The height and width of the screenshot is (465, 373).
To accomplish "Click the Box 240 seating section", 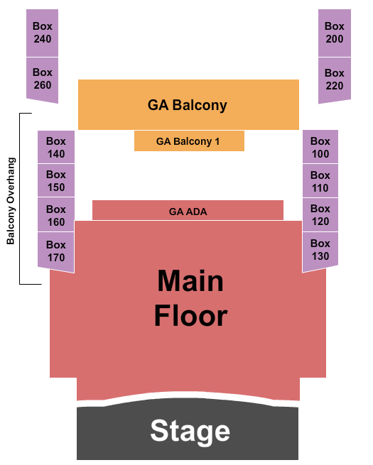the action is point(42,33).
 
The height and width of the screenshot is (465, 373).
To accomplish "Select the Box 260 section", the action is point(42,79).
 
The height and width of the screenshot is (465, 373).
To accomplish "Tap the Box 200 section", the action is point(335,33).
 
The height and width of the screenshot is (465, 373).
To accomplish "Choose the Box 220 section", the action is point(335,80).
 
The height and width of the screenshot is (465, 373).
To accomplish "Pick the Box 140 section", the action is point(56,147).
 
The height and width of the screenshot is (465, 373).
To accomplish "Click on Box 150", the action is point(56,180).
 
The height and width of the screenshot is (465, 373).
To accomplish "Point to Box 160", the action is point(56,215).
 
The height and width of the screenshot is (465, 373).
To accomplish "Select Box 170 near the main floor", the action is point(56,251).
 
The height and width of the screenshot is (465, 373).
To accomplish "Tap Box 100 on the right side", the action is point(320,147).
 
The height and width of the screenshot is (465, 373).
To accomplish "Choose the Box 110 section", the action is point(320,181).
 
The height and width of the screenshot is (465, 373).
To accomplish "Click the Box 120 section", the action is point(320,214).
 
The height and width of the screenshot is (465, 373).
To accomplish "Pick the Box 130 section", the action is point(320,251).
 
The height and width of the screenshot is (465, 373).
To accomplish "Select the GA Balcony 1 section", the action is point(189,141).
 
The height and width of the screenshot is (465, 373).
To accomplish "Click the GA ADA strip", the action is point(188,211).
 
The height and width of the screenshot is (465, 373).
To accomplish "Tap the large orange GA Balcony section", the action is point(188,104).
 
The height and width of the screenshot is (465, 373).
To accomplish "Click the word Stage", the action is point(190,432).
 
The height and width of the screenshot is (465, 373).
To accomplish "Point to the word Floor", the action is point(191,315).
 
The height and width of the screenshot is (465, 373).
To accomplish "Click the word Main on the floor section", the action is point(190,280).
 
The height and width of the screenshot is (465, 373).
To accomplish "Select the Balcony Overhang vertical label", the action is point(11,201).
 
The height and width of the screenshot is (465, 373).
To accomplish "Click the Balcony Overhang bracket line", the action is point(20,199).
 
